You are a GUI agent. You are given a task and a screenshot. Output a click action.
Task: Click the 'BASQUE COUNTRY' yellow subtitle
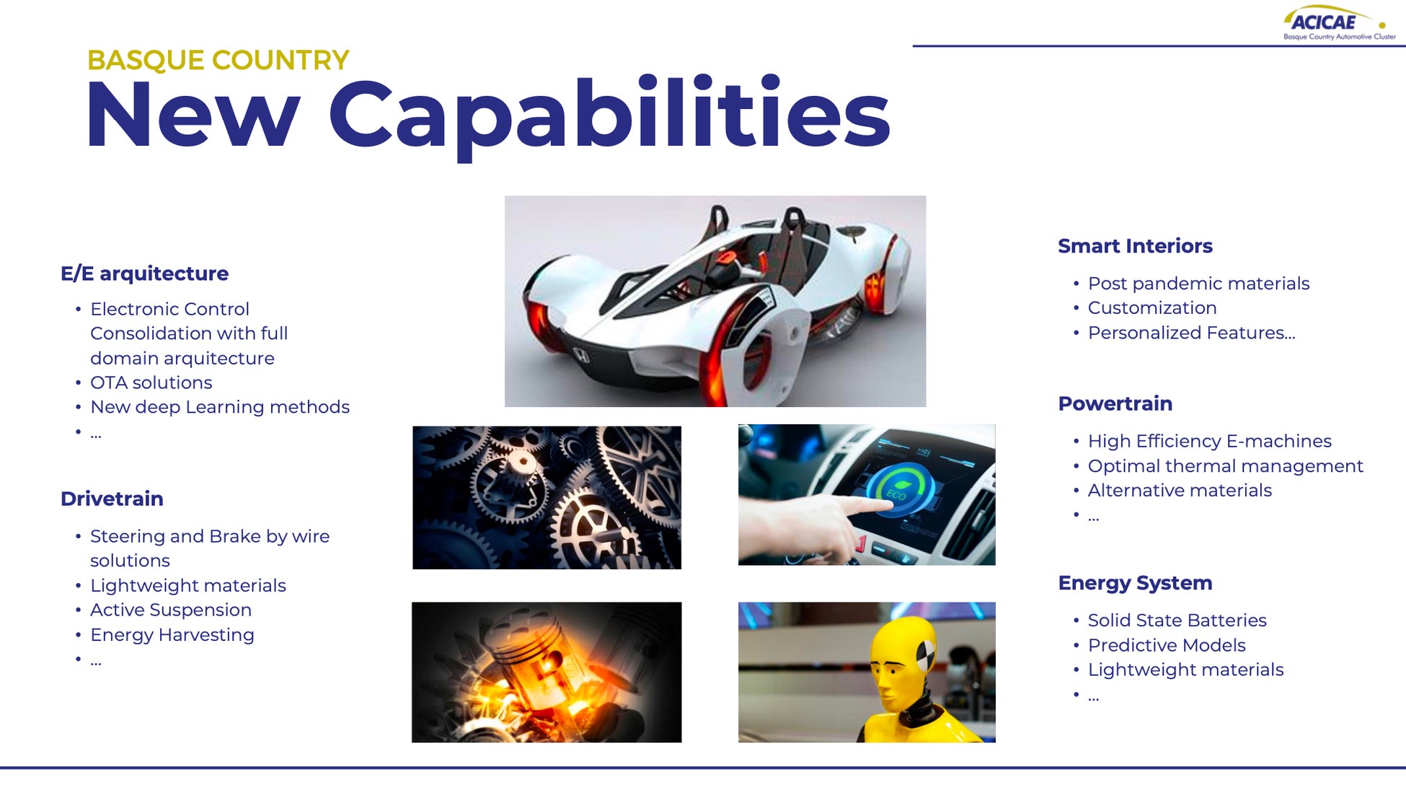218,60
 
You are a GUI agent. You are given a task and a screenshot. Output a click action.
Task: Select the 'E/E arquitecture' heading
144,273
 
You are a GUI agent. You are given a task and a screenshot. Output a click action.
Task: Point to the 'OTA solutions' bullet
151,382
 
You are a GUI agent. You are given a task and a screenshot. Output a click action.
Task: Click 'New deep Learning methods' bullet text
220,407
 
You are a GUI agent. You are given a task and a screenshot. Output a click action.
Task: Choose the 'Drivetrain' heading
112,499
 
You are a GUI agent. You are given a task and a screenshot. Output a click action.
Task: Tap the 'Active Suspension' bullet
171,610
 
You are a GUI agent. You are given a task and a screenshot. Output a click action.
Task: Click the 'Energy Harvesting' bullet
172,635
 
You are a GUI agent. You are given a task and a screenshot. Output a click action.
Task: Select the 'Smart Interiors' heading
1135,246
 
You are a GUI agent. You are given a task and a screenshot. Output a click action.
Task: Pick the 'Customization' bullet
1152,308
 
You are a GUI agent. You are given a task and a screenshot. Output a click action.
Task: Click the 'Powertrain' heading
1115,403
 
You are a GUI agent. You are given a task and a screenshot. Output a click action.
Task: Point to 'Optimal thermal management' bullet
1226,466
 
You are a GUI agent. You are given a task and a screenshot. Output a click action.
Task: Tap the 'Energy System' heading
1135,583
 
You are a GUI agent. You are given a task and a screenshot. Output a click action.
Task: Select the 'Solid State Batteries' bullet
1177,621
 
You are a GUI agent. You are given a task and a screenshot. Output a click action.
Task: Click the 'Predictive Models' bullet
1167,645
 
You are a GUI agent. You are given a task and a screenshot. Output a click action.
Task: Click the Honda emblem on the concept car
581,355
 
